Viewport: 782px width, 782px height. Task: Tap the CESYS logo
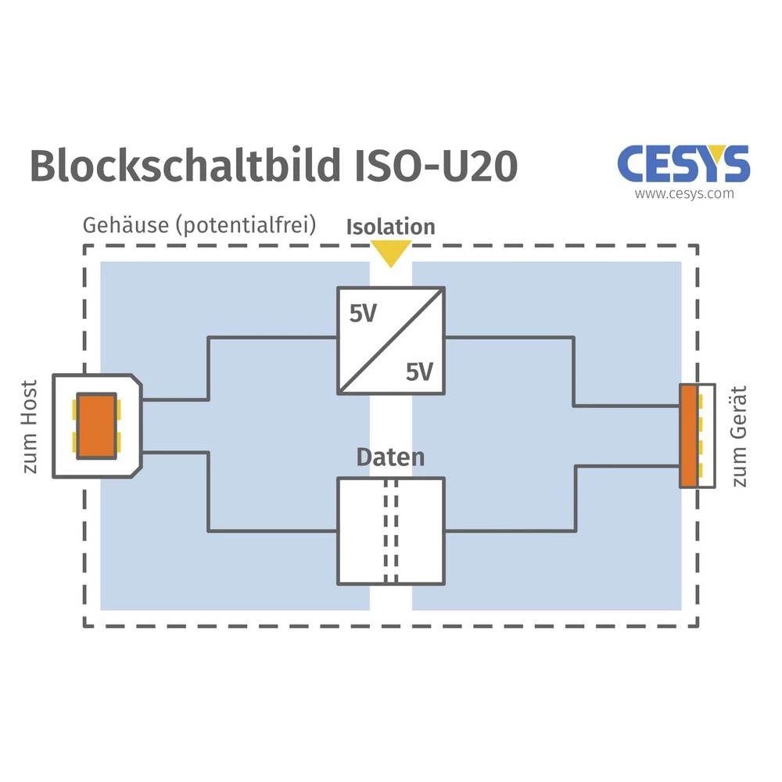[x=683, y=163]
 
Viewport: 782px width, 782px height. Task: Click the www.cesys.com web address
[x=684, y=193]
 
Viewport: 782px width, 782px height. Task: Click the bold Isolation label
[x=390, y=227]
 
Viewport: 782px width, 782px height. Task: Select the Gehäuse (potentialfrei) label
[x=199, y=225]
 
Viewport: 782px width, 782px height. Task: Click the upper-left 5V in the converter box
[x=363, y=314]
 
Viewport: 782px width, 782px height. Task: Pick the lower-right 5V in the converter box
[x=419, y=372]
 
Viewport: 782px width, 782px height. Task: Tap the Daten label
[x=390, y=457]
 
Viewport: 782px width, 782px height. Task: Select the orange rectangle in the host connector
[x=97, y=426]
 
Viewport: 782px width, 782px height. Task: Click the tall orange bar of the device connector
[x=688, y=435]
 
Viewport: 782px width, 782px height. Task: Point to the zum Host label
[x=30, y=427]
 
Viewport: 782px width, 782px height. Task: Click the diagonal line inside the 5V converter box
[x=391, y=341]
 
